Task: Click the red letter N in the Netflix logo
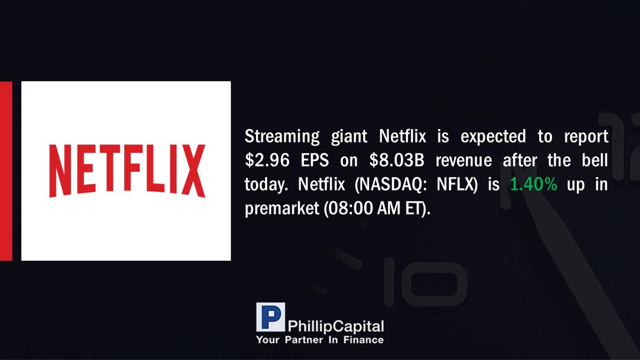pyautogui.click(x=60, y=171)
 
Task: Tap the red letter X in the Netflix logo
pyautogui.click(x=194, y=171)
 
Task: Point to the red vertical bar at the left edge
pyautogui.click(x=6, y=171)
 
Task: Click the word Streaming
pyautogui.click(x=282, y=137)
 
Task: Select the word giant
pyautogui.click(x=349, y=137)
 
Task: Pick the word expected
pyautogui.click(x=493, y=137)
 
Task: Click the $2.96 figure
pyautogui.click(x=267, y=160)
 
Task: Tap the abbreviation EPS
pyautogui.click(x=315, y=160)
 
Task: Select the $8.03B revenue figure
pyautogui.click(x=397, y=160)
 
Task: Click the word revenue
pyautogui.click(x=463, y=161)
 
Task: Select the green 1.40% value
pyautogui.click(x=533, y=184)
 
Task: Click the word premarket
pyautogui.click(x=282, y=209)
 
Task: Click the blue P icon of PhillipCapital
pyautogui.click(x=270, y=317)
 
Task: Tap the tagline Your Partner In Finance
pyautogui.click(x=319, y=340)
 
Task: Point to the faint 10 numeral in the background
pyautogui.click(x=425, y=282)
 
